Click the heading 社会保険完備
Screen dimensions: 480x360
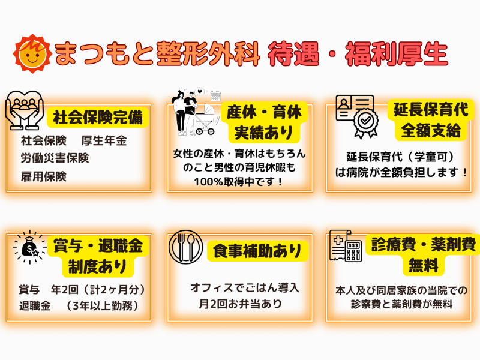point(98,117)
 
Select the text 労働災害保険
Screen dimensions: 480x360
point(55,158)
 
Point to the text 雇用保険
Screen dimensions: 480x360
point(43,176)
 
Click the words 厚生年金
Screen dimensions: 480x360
point(104,141)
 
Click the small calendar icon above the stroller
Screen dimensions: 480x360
point(215,95)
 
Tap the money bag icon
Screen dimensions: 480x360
point(26,247)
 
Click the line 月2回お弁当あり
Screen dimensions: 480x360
point(239,304)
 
